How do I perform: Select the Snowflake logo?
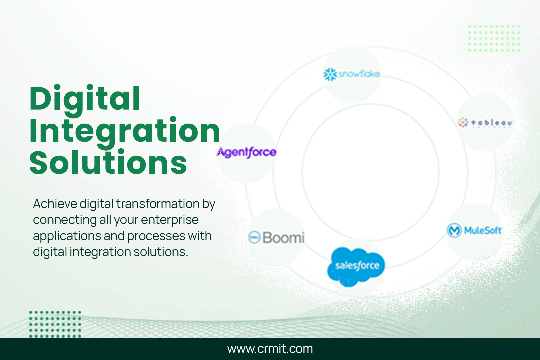[352, 74]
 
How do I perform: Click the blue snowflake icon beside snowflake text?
[330, 74]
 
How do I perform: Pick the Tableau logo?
[485, 123]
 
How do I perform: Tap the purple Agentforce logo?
[247, 152]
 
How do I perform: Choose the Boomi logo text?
[283, 237]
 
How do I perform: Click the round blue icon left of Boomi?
[254, 237]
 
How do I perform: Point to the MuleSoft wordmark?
[483, 230]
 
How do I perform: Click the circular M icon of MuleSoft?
[454, 230]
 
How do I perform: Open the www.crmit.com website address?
[270, 349]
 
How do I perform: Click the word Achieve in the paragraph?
[55, 204]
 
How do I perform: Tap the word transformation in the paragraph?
[158, 204]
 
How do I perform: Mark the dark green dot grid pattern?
[55, 324]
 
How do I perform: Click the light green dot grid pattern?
[494, 38]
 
